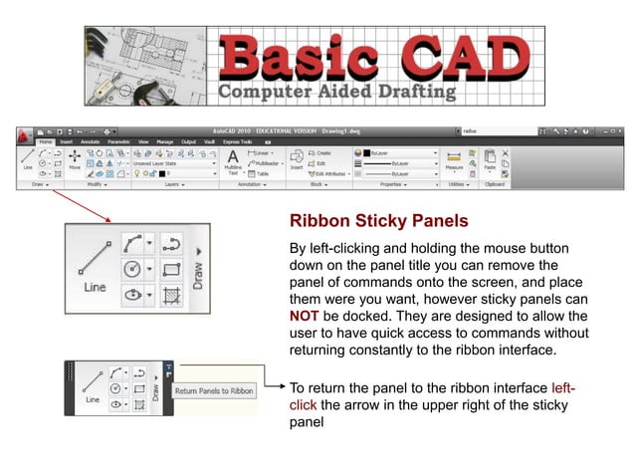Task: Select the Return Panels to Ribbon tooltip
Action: point(214,391)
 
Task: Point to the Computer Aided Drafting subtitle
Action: point(337,93)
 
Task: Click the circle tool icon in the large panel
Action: point(132,269)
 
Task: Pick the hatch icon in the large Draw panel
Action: point(170,296)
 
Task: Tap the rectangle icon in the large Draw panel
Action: point(170,269)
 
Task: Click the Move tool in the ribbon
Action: point(75,162)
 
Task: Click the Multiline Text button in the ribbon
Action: point(232,162)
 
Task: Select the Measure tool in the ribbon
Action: point(455,161)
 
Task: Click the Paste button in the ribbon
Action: point(490,161)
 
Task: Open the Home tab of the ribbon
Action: point(45,141)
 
